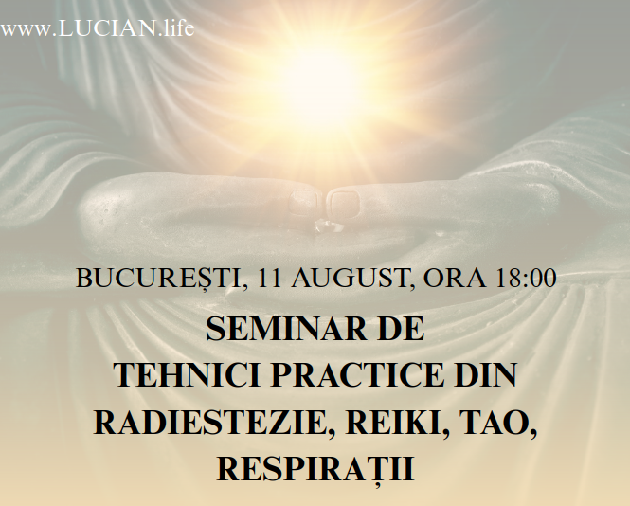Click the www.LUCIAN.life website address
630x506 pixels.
[98, 28]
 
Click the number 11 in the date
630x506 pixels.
[270, 278]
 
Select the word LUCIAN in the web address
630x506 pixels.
[106, 29]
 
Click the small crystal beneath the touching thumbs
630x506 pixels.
[326, 226]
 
